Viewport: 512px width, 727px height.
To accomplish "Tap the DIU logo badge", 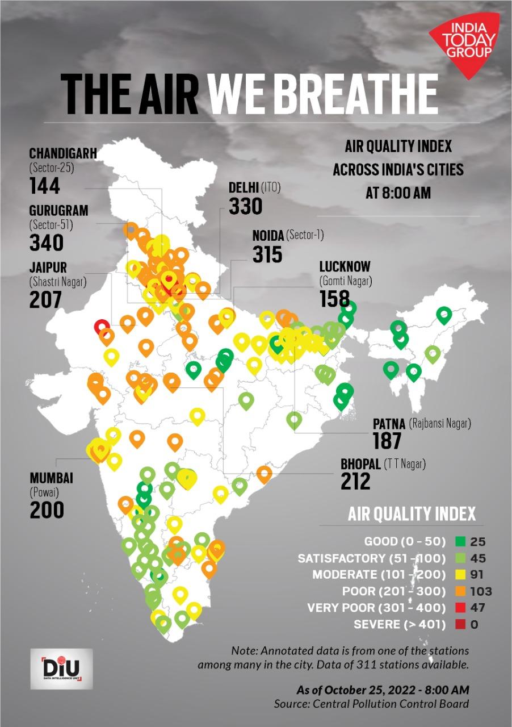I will [61, 668].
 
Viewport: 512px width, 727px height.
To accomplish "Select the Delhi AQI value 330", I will [245, 206].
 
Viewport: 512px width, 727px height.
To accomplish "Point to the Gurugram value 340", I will [46, 243].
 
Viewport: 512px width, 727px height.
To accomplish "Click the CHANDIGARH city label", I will [63, 153].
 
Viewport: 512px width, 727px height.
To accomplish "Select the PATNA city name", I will [389, 424].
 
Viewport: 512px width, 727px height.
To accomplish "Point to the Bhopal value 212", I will [355, 481].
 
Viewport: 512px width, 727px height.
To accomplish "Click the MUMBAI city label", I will [52, 478].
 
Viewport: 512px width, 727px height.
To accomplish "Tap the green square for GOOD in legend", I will [460, 542].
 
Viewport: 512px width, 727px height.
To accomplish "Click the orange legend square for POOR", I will [460, 591].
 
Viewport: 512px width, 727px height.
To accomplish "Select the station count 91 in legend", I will [478, 575].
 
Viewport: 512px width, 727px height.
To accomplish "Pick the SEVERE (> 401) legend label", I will [400, 624].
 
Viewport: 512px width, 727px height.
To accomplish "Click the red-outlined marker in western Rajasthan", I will [102, 327].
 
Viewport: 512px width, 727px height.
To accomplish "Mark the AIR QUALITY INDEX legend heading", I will [412, 514].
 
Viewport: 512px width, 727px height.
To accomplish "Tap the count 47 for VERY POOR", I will [478, 608].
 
